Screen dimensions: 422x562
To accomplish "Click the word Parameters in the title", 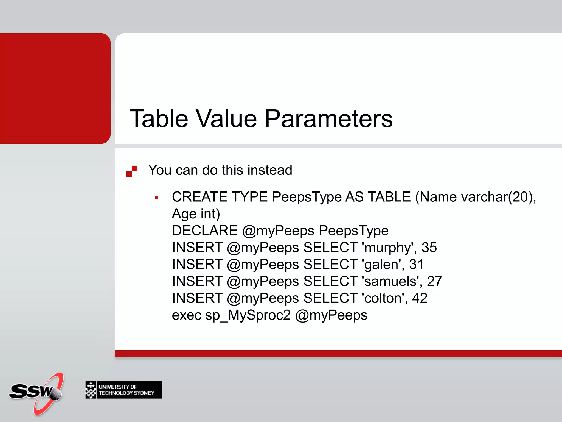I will point(328,119).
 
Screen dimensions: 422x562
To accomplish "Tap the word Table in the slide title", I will point(159,119).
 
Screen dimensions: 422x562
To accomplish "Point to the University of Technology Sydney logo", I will point(123,390).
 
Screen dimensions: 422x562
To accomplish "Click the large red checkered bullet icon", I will point(132,171).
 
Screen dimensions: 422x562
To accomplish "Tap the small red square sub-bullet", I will point(157,198).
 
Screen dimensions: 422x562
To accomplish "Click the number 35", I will point(429,248).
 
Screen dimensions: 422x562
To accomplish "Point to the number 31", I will point(417,265).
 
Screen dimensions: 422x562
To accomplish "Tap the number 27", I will point(434,282).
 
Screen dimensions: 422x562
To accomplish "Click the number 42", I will point(420,298).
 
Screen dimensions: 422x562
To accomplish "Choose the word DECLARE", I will point(205,231).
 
